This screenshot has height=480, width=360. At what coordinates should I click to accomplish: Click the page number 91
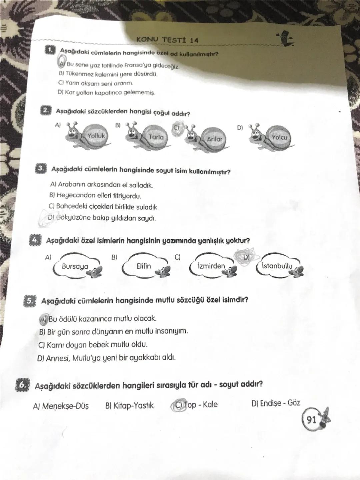tap(311, 419)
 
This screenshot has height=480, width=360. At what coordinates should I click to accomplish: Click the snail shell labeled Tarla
tap(156, 137)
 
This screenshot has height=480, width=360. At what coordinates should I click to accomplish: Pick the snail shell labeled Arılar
tap(214, 139)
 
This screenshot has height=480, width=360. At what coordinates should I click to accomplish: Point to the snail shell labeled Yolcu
tap(279, 137)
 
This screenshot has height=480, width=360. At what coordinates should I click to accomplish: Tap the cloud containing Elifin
tap(144, 266)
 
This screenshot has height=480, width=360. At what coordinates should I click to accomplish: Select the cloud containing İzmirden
tap(211, 266)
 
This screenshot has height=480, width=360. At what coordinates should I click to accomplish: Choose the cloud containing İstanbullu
tap(277, 266)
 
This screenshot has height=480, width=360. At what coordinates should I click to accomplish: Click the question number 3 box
tap(40, 168)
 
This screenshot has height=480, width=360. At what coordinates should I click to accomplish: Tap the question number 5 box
tap(29, 301)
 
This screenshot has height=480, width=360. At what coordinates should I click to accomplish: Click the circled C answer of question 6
tap(179, 405)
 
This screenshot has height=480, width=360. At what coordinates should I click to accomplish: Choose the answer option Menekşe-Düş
tap(61, 406)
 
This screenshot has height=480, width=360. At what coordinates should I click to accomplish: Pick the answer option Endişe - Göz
tap(276, 403)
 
